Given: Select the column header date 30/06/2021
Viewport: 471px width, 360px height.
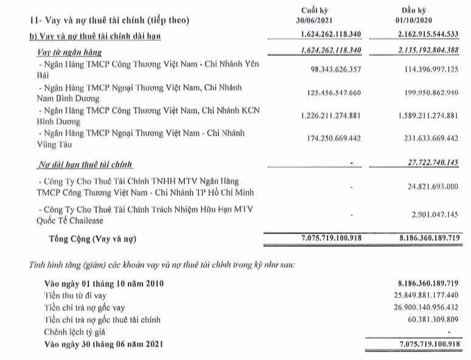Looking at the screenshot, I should (316, 19).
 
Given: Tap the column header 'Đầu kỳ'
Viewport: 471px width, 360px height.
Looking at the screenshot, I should (415, 10).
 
